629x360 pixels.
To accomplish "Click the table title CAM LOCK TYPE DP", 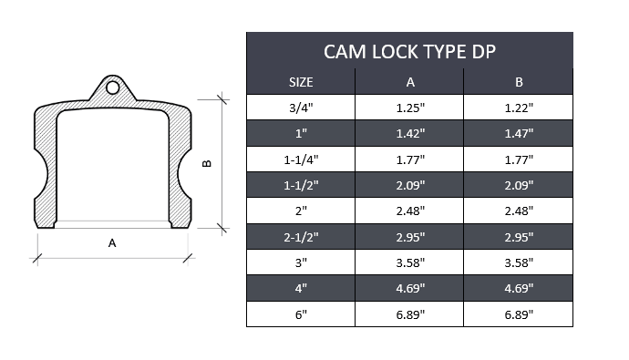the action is click(409, 51).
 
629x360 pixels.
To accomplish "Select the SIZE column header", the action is click(301, 82).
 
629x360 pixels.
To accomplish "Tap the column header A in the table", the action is click(410, 82).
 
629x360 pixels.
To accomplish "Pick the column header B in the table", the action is click(519, 82).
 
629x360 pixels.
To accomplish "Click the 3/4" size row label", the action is click(301, 108).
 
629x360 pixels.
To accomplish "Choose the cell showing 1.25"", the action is click(410, 108).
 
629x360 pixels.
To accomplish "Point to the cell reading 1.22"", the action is click(519, 108).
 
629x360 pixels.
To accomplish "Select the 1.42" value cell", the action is click(410, 134).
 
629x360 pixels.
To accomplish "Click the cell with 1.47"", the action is click(519, 134).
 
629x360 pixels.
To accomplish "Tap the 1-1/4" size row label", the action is click(301, 159).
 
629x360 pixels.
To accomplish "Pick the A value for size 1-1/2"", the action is click(410, 186).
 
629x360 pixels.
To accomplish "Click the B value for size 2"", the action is click(519, 211).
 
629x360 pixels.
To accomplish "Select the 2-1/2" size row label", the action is click(301, 238).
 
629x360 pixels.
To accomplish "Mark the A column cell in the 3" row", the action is click(410, 263).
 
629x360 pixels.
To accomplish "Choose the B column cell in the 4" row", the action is click(519, 289).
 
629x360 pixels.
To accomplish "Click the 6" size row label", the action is click(301, 314).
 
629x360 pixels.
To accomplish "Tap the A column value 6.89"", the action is click(410, 314).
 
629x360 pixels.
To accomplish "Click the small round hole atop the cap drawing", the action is click(112, 88).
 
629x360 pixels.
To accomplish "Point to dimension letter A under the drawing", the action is click(112, 242).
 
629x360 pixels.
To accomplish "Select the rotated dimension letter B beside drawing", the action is click(207, 164).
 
